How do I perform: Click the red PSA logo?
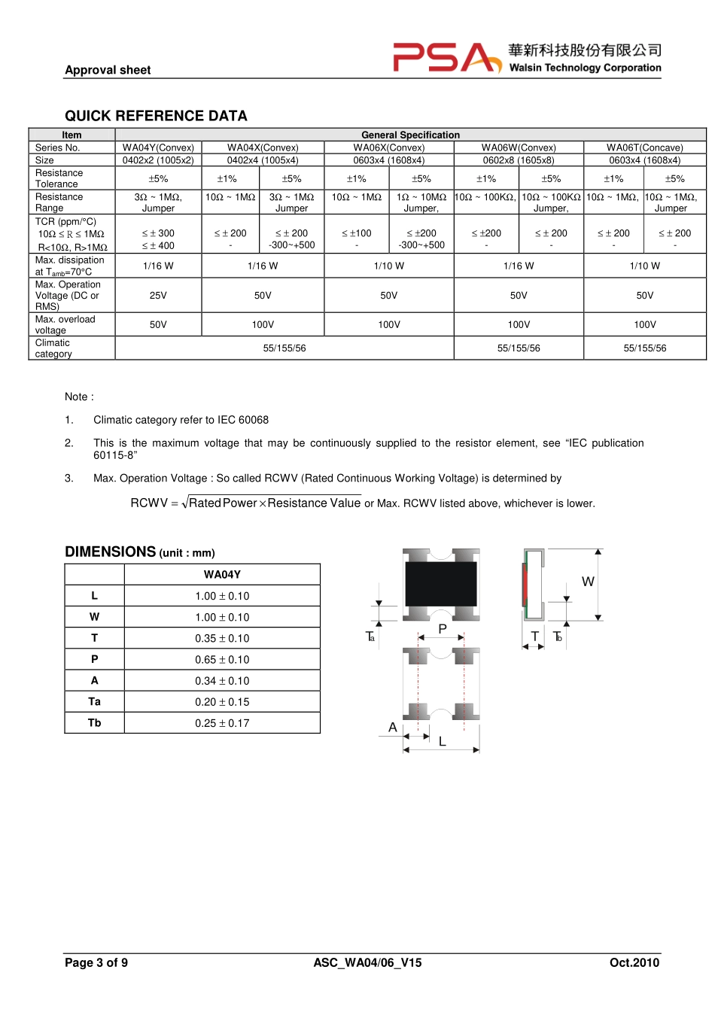click(x=446, y=58)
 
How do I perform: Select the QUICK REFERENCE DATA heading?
click(x=156, y=116)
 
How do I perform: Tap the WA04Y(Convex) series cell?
click(x=158, y=147)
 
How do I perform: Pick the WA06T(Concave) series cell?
click(x=645, y=147)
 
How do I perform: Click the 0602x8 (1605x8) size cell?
click(x=519, y=160)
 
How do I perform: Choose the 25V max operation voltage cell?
click(x=158, y=296)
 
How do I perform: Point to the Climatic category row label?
click(x=53, y=348)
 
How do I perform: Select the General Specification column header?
click(x=410, y=135)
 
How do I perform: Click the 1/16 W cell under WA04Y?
click(x=158, y=266)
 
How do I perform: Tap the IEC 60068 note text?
click(x=181, y=420)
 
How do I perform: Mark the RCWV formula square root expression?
click(x=272, y=503)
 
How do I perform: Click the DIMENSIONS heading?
click(x=111, y=552)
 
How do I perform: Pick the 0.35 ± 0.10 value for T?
click(x=222, y=638)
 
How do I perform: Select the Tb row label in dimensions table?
click(x=94, y=722)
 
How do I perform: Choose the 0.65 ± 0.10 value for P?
click(x=222, y=659)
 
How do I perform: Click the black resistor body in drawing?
click(x=440, y=583)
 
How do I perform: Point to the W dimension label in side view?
click(x=588, y=582)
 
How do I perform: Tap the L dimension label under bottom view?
click(x=443, y=742)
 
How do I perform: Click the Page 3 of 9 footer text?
click(x=96, y=962)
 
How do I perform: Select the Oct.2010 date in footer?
click(x=634, y=962)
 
